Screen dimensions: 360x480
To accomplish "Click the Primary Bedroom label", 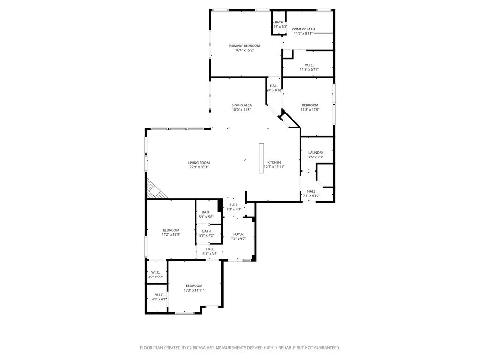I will pos(244,45).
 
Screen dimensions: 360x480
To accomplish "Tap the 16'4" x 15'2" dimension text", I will pos(244,50).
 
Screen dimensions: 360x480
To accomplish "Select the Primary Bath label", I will pos(303,29).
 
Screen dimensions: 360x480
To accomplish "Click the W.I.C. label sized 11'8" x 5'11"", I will pos(309,65).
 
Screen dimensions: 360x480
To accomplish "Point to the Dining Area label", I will pos(241,105).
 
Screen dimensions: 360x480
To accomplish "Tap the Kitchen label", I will pos(274,162).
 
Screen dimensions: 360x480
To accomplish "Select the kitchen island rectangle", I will pos(262,158).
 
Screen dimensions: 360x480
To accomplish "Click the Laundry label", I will pos(315,152).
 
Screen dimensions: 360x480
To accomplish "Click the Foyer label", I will pos(238,234).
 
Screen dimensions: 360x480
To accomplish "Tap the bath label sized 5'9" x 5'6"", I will pos(206,212).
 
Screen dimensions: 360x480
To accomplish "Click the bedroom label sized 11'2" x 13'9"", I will pos(171,230).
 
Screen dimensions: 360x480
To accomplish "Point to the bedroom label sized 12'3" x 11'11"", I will pos(194,285).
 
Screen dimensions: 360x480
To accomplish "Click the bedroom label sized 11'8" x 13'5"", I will pos(310,105).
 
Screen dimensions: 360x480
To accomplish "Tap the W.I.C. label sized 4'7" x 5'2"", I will pos(156,272).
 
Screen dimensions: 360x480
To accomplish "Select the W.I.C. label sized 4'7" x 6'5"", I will pos(156,295).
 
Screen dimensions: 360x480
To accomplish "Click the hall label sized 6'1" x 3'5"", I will pos(210,249).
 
